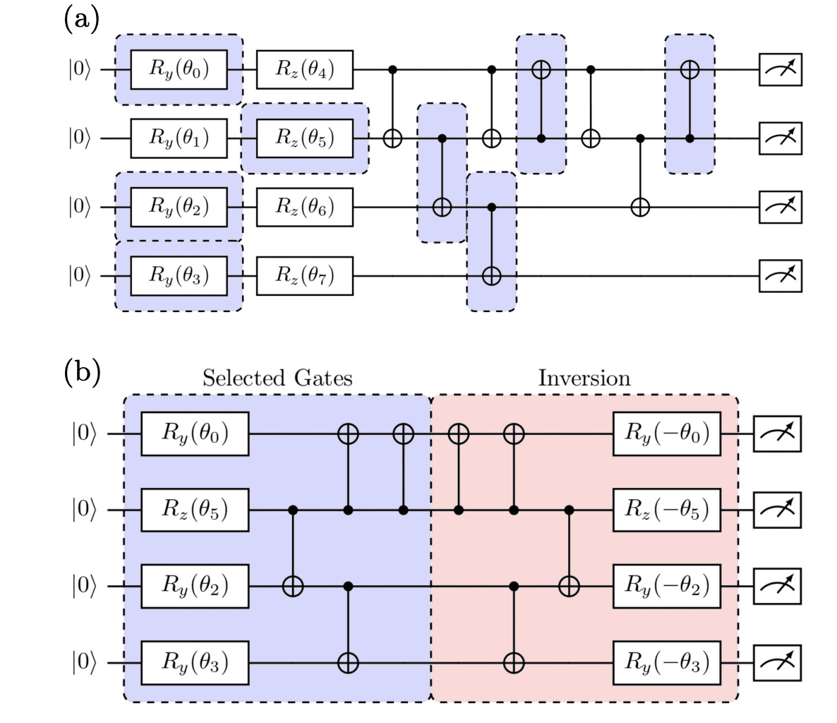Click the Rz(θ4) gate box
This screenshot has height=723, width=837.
(x=304, y=70)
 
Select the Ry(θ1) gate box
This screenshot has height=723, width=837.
(x=179, y=138)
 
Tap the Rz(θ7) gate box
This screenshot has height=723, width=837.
(x=304, y=275)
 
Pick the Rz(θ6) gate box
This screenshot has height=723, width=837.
(x=304, y=207)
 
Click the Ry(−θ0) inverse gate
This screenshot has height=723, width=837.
(x=666, y=433)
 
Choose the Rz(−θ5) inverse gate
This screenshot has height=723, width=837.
(x=666, y=509)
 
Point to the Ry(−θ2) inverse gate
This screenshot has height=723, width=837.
(x=666, y=585)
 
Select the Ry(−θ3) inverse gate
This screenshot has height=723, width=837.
(x=666, y=663)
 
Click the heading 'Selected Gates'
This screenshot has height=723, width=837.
(x=277, y=378)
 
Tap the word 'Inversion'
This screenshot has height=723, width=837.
(x=584, y=378)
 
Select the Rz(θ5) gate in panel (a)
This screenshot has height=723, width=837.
(x=304, y=138)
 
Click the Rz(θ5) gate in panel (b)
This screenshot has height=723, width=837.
(x=195, y=509)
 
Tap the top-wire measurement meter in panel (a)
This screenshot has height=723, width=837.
(x=780, y=70)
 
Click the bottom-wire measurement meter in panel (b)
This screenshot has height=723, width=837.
(x=777, y=663)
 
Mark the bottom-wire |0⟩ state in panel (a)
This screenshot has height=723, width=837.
(x=80, y=275)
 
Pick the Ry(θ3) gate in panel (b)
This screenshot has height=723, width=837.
(x=195, y=663)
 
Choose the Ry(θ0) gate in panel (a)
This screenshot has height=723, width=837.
(x=179, y=70)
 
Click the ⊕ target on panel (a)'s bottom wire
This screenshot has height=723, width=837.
(x=491, y=275)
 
